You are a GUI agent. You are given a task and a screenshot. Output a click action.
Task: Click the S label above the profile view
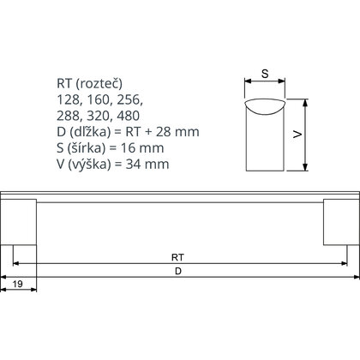coord(265,75)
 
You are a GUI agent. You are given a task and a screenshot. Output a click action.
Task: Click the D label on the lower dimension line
coord(177,272)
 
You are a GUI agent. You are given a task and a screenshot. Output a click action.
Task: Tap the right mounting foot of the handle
coord(338,223)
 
